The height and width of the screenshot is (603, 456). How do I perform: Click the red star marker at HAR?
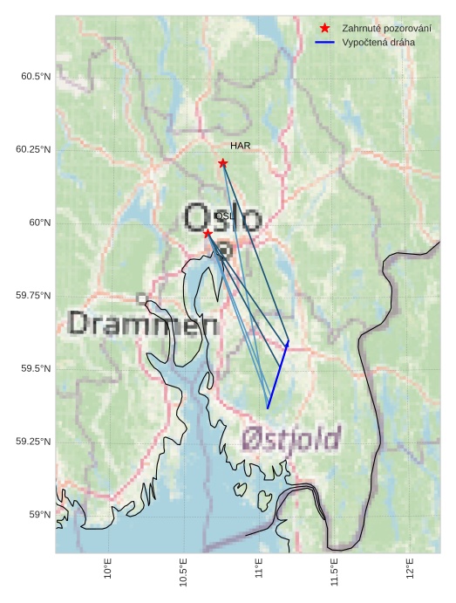(x=223, y=163)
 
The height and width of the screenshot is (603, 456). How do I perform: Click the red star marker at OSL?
(x=208, y=234)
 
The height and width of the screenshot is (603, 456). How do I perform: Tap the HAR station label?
(x=241, y=145)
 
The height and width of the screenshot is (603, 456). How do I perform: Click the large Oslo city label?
(x=222, y=217)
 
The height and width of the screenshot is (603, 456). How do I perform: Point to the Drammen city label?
(x=143, y=325)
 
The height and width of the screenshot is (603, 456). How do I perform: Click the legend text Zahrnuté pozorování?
(x=386, y=28)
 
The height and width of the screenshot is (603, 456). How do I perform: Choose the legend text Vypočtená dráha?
(x=378, y=42)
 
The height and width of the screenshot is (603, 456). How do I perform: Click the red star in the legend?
(x=325, y=28)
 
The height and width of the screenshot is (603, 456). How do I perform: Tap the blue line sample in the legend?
(x=325, y=42)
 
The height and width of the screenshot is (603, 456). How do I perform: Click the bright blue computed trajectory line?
(x=277, y=376)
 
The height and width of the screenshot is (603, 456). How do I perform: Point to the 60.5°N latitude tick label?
(x=36, y=77)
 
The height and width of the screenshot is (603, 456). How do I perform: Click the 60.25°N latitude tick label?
(x=33, y=149)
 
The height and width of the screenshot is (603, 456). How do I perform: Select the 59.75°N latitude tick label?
(x=33, y=296)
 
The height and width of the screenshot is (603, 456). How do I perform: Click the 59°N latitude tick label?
(x=39, y=515)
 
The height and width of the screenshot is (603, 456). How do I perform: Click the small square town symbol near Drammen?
(x=141, y=298)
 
